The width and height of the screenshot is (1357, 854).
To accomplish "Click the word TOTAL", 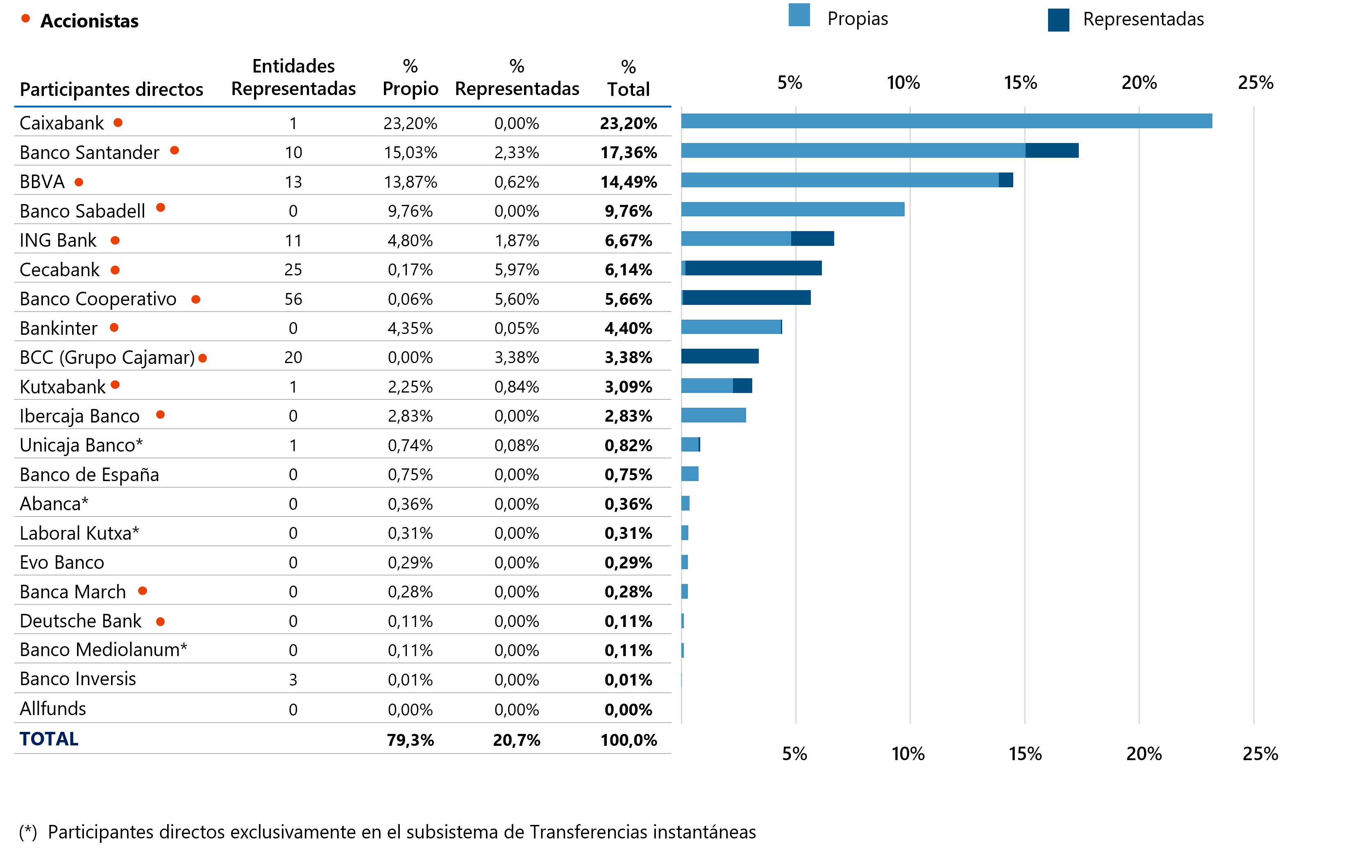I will pyautogui.click(x=49, y=739).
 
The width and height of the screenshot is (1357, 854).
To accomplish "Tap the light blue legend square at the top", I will pyautogui.click(x=799, y=15).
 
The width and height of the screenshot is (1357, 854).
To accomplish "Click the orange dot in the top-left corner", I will pyautogui.click(x=25, y=18).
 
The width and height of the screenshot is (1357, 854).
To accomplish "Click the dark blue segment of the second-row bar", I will pyautogui.click(x=1052, y=150).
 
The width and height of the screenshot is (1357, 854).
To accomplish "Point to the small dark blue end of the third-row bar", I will pyautogui.click(x=1006, y=180).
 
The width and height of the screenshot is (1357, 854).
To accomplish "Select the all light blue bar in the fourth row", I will pyautogui.click(x=792, y=209).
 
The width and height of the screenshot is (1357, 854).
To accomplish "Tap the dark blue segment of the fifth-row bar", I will pyautogui.click(x=812, y=238).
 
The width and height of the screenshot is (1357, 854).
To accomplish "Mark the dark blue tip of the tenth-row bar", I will pyautogui.click(x=742, y=386).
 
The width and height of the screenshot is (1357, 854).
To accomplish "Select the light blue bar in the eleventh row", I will pyautogui.click(x=713, y=415).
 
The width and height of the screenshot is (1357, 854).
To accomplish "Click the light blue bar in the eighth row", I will pyautogui.click(x=731, y=327).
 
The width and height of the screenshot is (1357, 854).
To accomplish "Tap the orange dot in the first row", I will pyautogui.click(x=118, y=123).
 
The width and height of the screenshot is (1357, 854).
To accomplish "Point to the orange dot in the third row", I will pyautogui.click(x=79, y=182).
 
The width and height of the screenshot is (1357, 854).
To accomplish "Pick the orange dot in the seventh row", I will pyautogui.click(x=195, y=299).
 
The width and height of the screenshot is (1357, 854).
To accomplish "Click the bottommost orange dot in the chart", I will pyautogui.click(x=160, y=622).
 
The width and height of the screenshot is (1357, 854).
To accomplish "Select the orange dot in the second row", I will pyautogui.click(x=175, y=150).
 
